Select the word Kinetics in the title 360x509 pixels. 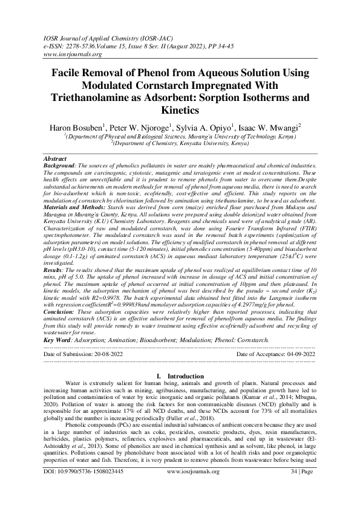coord(180,111)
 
